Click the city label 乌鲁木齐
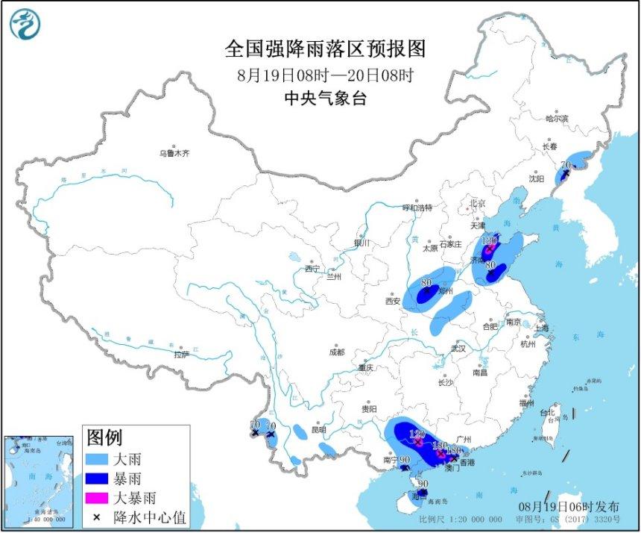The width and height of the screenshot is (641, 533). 174,153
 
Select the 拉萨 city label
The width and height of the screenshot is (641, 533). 183,355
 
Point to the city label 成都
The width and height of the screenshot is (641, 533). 337,352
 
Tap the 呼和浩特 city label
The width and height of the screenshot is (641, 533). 417,208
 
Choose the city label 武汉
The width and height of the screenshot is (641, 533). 458,349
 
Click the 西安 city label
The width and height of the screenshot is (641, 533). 393,302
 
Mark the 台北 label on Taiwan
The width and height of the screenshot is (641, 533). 547,412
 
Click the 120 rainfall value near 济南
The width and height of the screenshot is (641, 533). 489,241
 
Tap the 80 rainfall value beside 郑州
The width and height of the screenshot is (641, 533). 426,284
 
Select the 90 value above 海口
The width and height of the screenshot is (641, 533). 423,484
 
